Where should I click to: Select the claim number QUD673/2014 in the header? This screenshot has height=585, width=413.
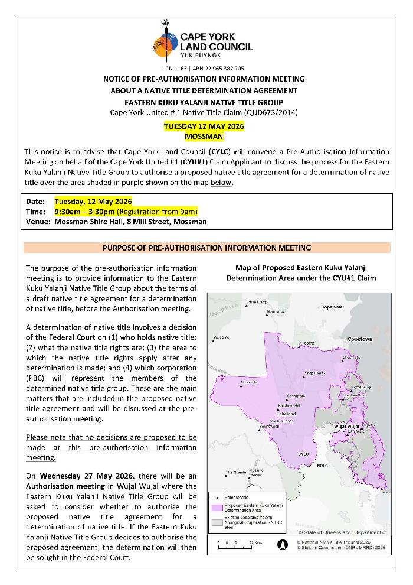click(x=273, y=112)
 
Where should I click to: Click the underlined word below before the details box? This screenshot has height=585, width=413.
click(x=221, y=183)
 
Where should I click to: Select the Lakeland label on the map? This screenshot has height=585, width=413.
click(x=286, y=414)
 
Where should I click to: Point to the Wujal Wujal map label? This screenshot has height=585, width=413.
click(x=347, y=425)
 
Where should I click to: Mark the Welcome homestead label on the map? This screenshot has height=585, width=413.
click(x=221, y=337)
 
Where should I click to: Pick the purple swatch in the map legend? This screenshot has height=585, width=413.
click(x=215, y=506)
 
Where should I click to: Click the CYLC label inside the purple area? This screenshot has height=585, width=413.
click(x=303, y=454)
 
